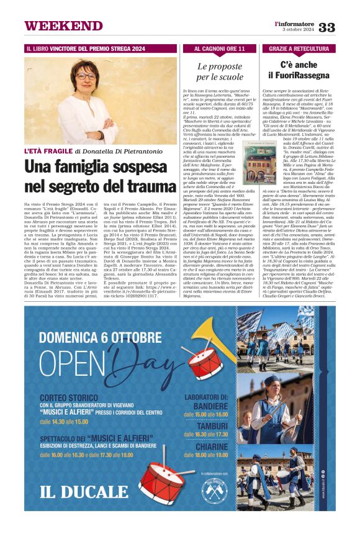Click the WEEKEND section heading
coord(55,25)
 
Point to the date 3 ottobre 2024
coord(299,29)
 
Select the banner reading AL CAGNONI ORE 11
coord(220,48)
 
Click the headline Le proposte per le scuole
coord(220,71)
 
